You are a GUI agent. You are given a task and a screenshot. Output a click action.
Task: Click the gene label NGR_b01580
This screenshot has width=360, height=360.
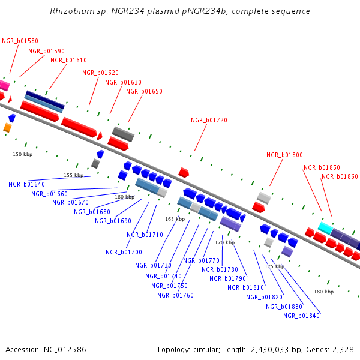tap(20, 41)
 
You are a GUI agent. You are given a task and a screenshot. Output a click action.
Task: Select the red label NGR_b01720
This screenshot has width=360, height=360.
tap(209, 120)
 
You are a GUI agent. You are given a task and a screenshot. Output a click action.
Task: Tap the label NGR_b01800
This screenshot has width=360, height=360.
tap(284, 155)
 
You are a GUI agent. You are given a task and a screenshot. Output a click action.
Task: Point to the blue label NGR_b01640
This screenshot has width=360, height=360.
tap(26, 184)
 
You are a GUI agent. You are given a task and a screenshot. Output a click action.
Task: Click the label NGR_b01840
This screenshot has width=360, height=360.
tap(301, 316)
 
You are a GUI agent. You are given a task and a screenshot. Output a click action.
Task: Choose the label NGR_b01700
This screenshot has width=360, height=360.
tap(124, 252)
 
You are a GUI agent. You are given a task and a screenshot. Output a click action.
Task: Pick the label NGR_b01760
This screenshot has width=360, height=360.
tap(175, 295)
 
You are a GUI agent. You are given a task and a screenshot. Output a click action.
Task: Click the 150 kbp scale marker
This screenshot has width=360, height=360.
tap(23, 154)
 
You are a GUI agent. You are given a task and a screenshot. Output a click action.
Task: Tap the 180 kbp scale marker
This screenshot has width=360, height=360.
tap(324, 292)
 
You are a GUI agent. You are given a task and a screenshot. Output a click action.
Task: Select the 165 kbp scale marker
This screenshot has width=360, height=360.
tap(175, 219)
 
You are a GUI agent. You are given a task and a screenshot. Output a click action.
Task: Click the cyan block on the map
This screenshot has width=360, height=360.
tap(326, 228)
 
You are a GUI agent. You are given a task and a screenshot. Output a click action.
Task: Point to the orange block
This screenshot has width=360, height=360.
tap(7, 128)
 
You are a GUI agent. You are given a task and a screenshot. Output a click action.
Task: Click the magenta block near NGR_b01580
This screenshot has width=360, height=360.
tap(4, 85)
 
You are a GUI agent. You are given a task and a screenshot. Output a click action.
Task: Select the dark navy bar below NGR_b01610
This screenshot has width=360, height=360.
tap(45, 100)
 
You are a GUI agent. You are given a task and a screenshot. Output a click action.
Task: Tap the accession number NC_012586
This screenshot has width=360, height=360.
tap(65, 350)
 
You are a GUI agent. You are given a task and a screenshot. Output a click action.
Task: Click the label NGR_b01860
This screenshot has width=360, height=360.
tap(340, 176)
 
